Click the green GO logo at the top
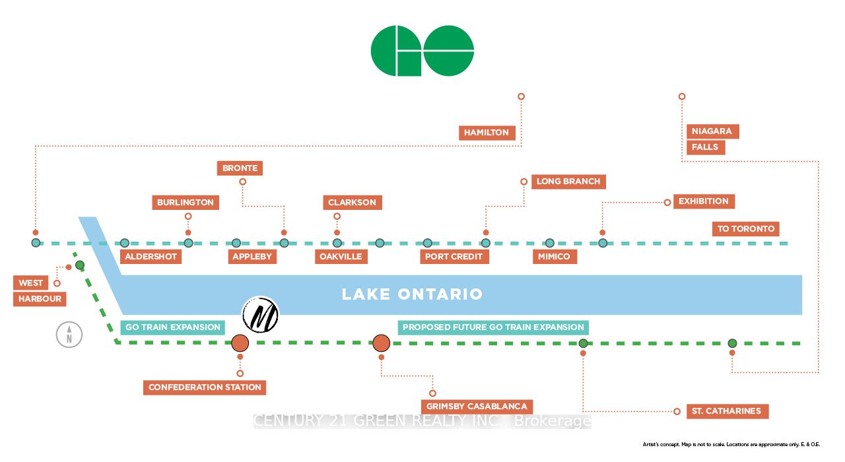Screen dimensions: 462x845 [422, 51]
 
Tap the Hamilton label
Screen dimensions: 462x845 [487, 133]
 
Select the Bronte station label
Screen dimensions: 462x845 [240, 168]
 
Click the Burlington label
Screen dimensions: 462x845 [186, 203]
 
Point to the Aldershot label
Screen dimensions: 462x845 [151, 256]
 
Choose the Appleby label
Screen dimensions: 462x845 [252, 256]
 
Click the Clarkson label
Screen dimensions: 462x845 [352, 203]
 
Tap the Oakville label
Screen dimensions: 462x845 [341, 256]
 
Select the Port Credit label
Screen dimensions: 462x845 [454, 256]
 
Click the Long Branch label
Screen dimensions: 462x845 [568, 181]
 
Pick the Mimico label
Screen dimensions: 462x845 [555, 256]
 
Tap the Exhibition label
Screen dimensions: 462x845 [704, 201]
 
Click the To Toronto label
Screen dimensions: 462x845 [746, 229]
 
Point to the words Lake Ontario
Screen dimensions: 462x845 [412, 294]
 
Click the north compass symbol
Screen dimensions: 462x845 [69, 335]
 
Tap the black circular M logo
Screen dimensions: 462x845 [261, 314]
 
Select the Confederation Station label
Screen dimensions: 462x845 [205, 387]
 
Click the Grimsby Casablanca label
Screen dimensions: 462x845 [477, 407]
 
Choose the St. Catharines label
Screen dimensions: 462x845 [726, 411]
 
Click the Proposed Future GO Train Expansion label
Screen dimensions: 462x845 [493, 327]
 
